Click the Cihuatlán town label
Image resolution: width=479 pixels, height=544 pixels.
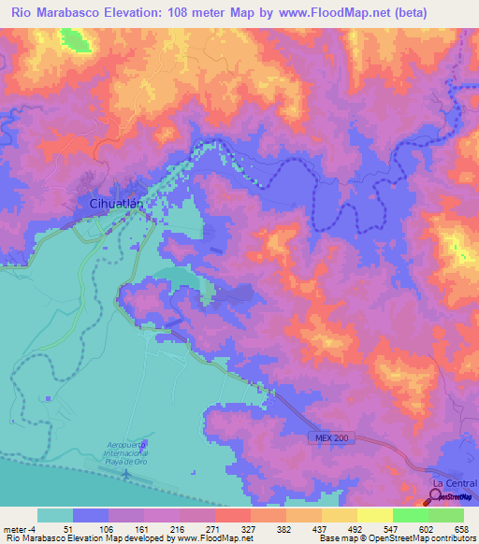pos(114,202)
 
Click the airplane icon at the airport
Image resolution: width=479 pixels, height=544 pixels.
pos(127,475)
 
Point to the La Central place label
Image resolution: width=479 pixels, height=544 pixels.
pos(448,481)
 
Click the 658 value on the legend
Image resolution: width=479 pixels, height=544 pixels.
pos(463,527)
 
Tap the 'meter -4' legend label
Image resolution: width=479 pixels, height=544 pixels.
pos(19,527)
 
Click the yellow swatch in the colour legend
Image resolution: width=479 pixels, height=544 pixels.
pos(374,515)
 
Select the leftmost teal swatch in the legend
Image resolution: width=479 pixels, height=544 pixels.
pos(54,515)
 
